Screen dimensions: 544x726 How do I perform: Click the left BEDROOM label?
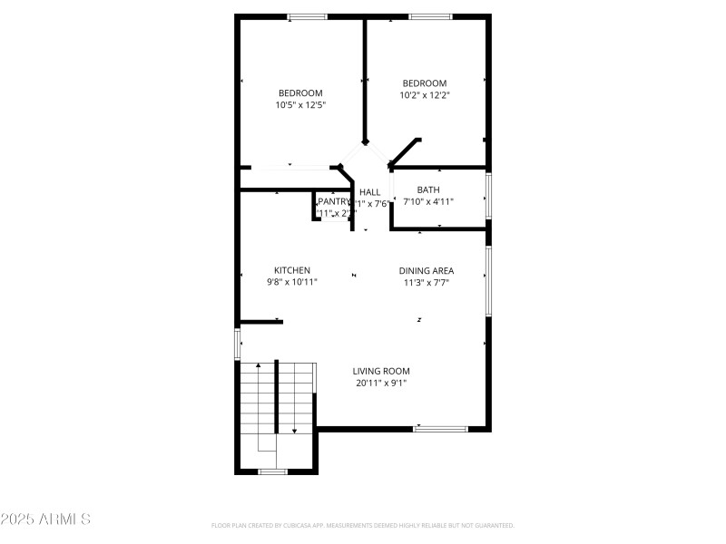[300, 93]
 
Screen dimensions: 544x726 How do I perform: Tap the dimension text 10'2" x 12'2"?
[425, 95]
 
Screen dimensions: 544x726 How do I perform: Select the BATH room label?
[428, 189]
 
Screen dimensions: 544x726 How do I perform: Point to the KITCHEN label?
[292, 270]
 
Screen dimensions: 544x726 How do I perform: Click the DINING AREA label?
[427, 270]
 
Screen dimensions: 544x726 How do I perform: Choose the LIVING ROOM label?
[381, 371]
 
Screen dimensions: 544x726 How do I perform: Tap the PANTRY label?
[335, 201]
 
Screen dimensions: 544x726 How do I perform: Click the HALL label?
[370, 192]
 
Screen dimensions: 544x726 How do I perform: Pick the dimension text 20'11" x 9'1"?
[381, 383]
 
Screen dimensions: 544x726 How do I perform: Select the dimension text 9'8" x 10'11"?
[292, 282]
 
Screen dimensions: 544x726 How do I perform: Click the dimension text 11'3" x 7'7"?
[427, 282]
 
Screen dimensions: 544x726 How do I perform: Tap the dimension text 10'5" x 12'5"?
[300, 105]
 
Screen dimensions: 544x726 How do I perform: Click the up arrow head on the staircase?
[258, 365]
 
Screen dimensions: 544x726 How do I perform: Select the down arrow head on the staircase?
[295, 431]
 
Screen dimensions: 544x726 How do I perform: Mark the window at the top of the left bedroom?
[308, 16]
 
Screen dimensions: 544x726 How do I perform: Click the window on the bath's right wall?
[488, 197]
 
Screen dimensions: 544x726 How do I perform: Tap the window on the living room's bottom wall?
[440, 428]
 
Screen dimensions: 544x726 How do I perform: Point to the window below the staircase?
[272, 471]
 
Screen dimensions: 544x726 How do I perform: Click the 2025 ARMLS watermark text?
[45, 520]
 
